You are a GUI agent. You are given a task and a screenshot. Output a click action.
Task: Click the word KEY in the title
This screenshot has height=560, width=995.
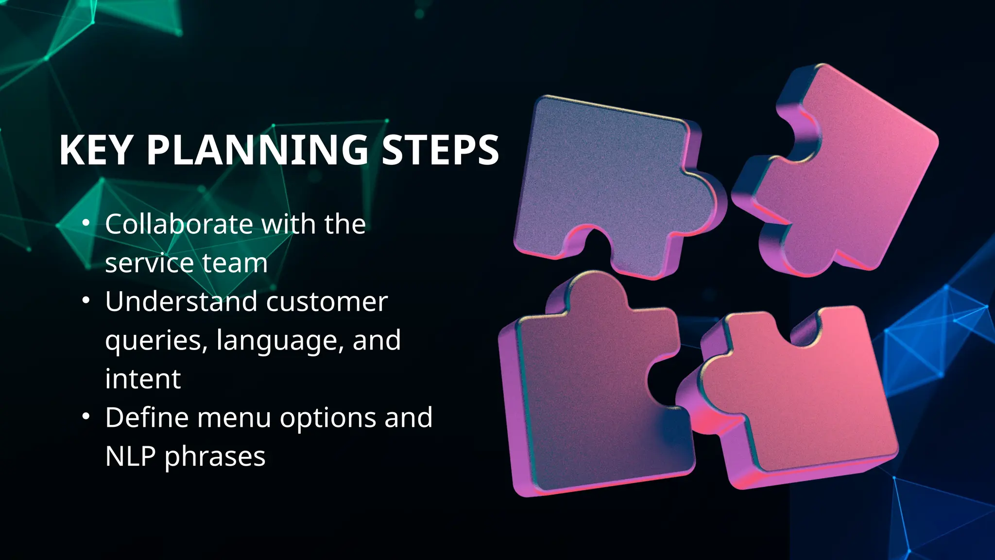click(96, 150)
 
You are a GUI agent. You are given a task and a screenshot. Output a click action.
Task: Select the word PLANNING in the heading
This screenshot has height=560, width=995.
click(257, 150)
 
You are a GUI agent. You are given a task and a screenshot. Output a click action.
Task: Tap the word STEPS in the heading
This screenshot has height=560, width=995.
click(440, 150)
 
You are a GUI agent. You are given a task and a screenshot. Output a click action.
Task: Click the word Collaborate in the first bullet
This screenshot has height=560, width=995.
click(179, 224)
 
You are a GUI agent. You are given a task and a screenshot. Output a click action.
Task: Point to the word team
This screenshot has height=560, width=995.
click(235, 263)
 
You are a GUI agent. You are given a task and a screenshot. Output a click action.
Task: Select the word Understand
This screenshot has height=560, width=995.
click(181, 301)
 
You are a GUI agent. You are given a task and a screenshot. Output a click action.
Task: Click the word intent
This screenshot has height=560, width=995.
click(143, 379)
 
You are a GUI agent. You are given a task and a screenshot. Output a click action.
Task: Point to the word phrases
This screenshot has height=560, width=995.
click(215, 457)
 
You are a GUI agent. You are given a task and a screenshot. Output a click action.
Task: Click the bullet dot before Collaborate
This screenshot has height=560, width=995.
click(86, 223)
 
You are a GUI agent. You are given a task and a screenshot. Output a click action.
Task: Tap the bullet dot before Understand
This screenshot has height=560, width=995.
click(86, 300)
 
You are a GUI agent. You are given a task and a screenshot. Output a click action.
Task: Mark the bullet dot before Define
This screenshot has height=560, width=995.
click(86, 417)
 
